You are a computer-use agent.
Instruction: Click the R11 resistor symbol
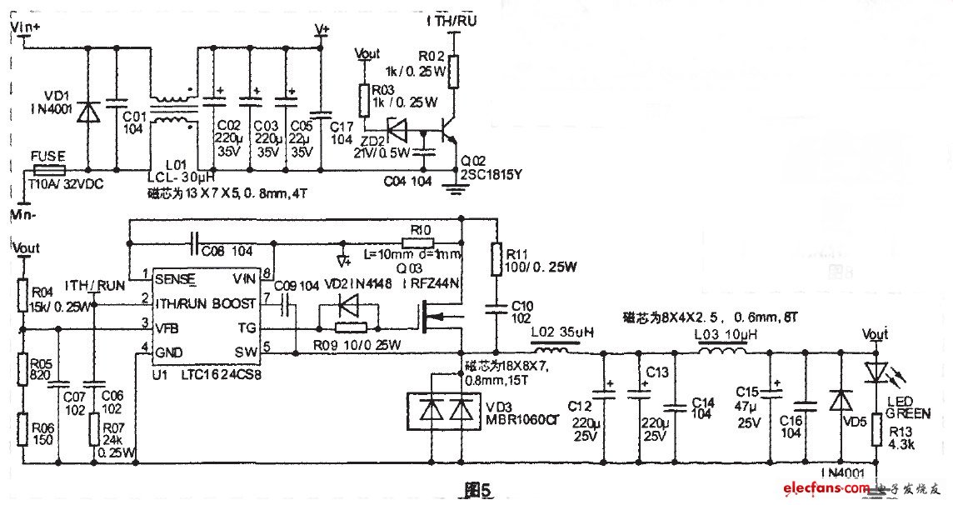496,258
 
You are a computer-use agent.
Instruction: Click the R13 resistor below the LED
877,432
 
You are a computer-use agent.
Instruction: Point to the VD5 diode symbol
840,402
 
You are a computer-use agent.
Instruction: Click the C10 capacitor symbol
496,309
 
